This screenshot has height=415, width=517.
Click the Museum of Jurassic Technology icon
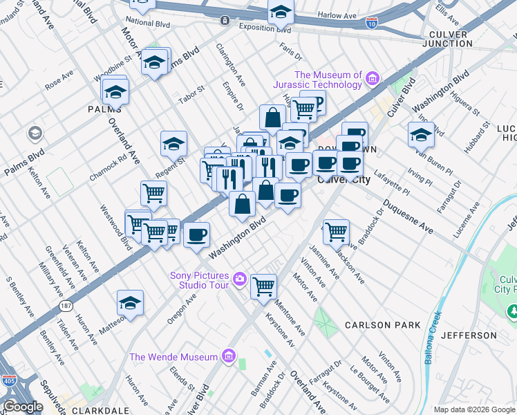coord(373,80)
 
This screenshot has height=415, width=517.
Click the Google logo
coord(23,407)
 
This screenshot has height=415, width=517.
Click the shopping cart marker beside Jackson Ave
coord(336,231)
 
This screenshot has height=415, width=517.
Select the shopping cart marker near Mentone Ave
coord(263,285)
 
